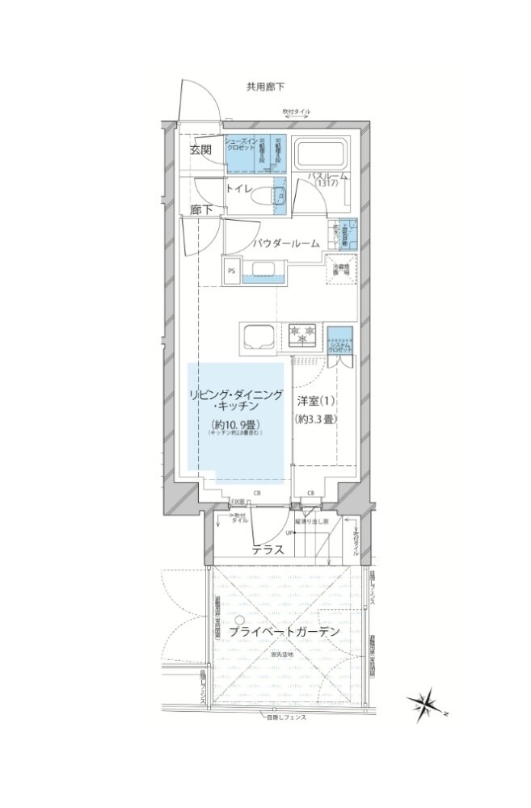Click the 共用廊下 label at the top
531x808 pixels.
tap(265, 86)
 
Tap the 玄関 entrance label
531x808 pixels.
tap(201, 149)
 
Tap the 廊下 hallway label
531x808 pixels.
tap(201, 210)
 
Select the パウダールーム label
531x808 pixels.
tap(284, 242)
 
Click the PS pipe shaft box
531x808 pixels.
tap(231, 271)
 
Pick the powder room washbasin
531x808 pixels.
tap(263, 270)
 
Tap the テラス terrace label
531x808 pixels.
tap(267, 550)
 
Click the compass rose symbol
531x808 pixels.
tap(426, 704)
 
